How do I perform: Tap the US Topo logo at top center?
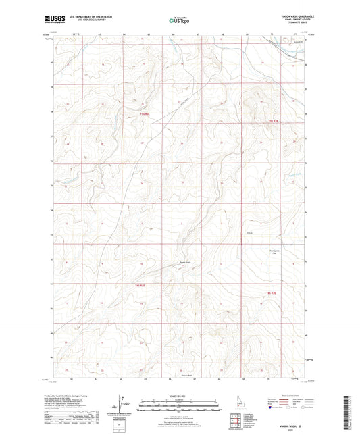[x=180, y=21]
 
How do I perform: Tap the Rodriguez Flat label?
[x=270, y=252]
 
